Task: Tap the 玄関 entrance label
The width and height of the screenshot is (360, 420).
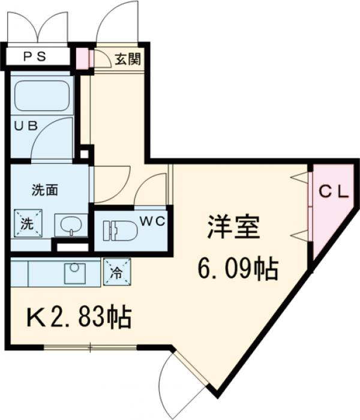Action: tap(128, 59)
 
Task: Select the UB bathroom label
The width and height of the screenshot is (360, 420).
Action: tap(26, 126)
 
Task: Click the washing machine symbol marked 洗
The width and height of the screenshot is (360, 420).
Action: tap(28, 223)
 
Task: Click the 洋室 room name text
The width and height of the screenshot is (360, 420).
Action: tap(233, 228)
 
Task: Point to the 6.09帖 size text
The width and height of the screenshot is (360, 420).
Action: tap(238, 269)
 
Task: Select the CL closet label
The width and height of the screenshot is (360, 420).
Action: tap(333, 192)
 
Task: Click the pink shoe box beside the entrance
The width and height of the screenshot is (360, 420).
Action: tap(82, 58)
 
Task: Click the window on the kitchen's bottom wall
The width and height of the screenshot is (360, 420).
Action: tap(90, 347)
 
